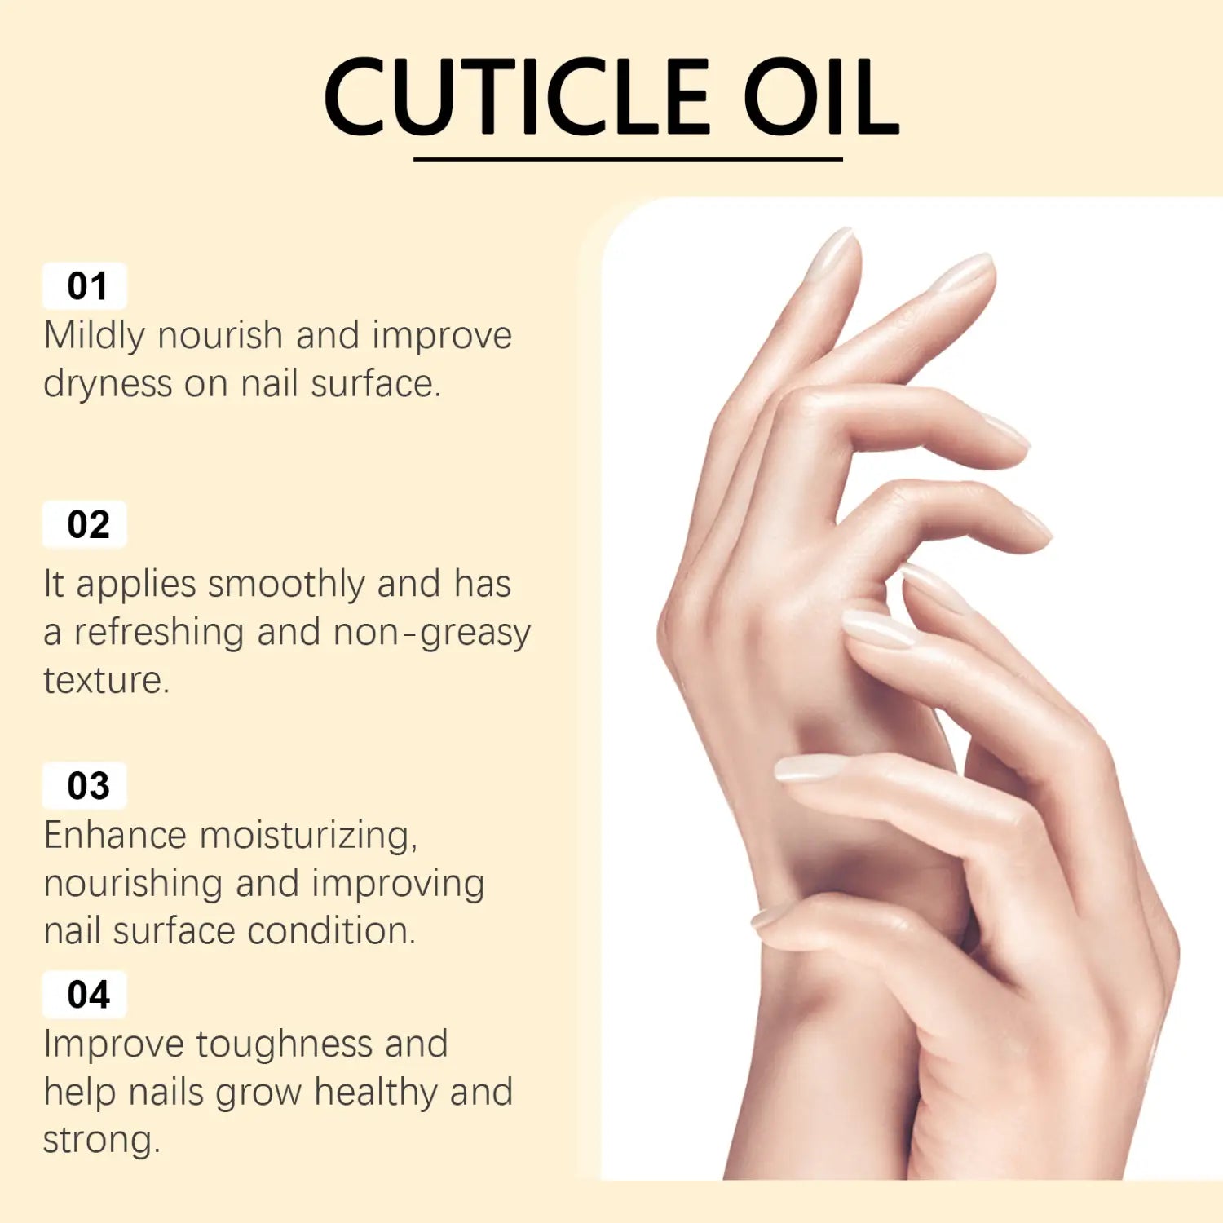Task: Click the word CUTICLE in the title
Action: (517, 96)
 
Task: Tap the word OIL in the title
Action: (822, 96)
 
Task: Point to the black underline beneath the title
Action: (628, 159)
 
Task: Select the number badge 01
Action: (85, 286)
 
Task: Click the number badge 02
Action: (85, 524)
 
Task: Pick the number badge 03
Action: (85, 785)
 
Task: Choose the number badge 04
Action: (85, 994)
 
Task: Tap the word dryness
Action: (108, 385)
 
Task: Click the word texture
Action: (106, 681)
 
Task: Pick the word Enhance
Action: (115, 835)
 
